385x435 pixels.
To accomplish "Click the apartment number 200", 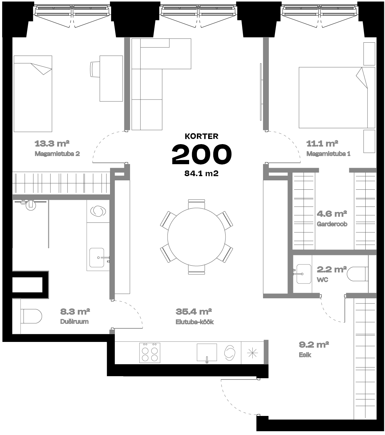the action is [x=201, y=154].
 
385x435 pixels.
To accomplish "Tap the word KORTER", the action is [x=201, y=136].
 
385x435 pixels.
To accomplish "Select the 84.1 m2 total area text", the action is [x=201, y=173].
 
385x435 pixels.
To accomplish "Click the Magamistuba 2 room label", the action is [x=57, y=154].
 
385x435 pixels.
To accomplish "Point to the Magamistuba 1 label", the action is [x=328, y=154].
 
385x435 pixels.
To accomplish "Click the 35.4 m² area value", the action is [x=194, y=312].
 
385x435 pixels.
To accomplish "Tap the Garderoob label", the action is [x=332, y=224].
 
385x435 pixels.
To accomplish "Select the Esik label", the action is [x=305, y=355].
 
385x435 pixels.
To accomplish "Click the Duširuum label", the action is [x=74, y=322].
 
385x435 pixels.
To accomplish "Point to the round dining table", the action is [x=196, y=237].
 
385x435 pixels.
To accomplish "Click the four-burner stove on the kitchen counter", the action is [x=150, y=353].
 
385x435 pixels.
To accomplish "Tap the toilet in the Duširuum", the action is [x=31, y=316].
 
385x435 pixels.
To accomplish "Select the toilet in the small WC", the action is [x=357, y=274].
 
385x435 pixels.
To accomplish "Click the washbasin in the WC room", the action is [x=303, y=274].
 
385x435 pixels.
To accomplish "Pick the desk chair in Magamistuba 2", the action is [x=95, y=69].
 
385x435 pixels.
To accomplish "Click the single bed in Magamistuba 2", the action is [x=33, y=94].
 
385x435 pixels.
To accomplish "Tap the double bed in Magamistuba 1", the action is [x=337, y=98].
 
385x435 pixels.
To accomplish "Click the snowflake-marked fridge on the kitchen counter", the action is [x=252, y=353].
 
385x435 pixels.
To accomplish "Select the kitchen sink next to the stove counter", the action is [x=207, y=353].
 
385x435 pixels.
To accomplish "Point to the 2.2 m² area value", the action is [x=332, y=269].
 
